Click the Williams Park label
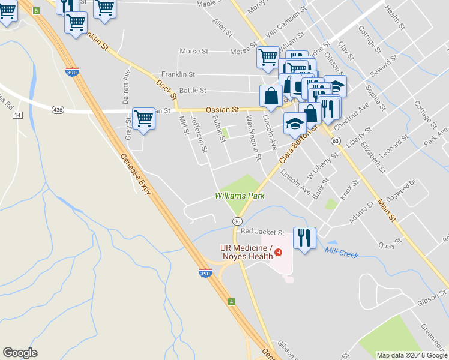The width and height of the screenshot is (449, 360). point(240,196)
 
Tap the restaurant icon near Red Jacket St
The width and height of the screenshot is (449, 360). point(304,238)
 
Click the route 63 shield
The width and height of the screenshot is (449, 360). point(336,140)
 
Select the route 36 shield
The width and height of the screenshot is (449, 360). point(238,221)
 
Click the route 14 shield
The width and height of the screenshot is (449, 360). point(17,115)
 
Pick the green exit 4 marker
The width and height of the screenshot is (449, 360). point(231,301)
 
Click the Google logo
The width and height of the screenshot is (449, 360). point(20,353)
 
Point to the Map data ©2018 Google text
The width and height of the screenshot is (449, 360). point(411,355)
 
